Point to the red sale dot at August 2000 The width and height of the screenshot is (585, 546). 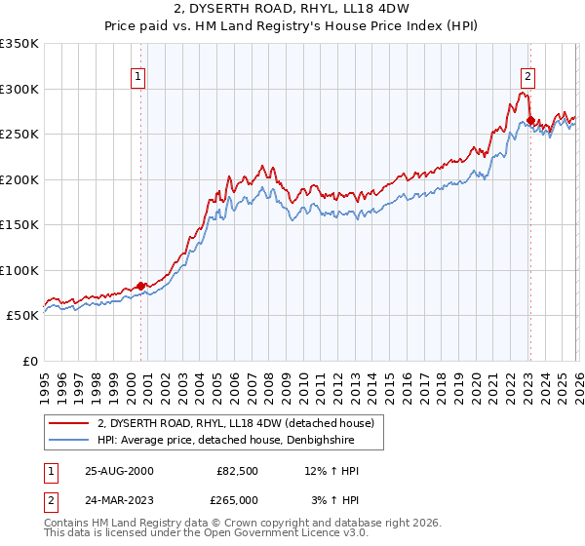click(141, 286)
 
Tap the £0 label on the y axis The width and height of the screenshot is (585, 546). click(29, 361)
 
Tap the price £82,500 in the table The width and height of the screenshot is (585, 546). click(237, 471)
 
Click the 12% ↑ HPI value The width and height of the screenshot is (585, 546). click(332, 471)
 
